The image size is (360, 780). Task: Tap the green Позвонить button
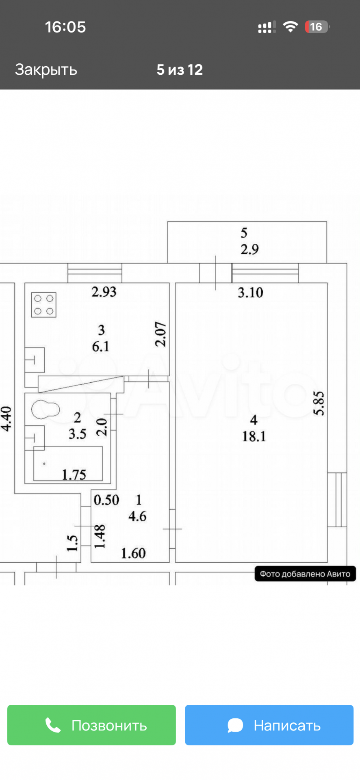tap(91, 725)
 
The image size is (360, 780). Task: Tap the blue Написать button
tap(269, 725)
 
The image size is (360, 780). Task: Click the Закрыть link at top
tap(46, 69)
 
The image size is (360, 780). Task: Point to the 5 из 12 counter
tap(180, 70)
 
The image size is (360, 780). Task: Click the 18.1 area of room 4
tap(254, 436)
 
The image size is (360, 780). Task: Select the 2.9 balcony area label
tap(249, 249)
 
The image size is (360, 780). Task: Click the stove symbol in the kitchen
tap(44, 305)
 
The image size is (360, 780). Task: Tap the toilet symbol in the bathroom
tap(45, 409)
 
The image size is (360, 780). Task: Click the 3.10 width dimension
tap(250, 292)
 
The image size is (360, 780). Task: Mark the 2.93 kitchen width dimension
tap(104, 292)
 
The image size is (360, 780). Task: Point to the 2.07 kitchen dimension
tap(161, 334)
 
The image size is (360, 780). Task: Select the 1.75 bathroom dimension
tap(74, 474)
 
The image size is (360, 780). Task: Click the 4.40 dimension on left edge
tap(7, 419)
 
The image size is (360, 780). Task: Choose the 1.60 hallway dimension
tap(133, 553)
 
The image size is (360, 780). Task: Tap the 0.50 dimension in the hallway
tap(106, 500)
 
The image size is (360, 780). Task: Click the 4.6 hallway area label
tap(137, 516)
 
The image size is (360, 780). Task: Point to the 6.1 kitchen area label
tap(100, 347)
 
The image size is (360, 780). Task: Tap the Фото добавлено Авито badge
tap(305, 574)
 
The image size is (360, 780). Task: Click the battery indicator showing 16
tap(317, 27)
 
